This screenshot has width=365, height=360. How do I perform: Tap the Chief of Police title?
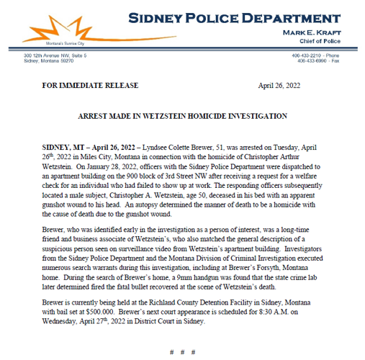[x=321, y=43]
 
